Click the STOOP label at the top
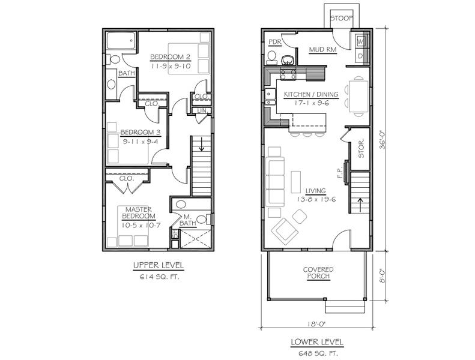click(342, 18)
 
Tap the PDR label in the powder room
click(275, 42)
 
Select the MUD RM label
click(322, 49)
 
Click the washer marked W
click(360, 41)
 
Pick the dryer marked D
click(360, 56)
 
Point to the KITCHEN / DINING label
click(311, 94)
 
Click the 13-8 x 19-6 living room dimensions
click(316, 199)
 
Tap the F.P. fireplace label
click(340, 172)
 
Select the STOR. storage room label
click(361, 149)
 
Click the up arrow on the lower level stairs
click(360, 205)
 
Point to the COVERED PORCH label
click(318, 273)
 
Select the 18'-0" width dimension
click(317, 324)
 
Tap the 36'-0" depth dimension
click(383, 140)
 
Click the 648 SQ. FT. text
click(318, 353)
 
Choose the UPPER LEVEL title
click(159, 266)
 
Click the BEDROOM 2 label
click(171, 56)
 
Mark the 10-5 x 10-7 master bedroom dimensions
click(141, 225)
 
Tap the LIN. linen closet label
click(201, 111)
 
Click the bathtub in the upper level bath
click(121, 41)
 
